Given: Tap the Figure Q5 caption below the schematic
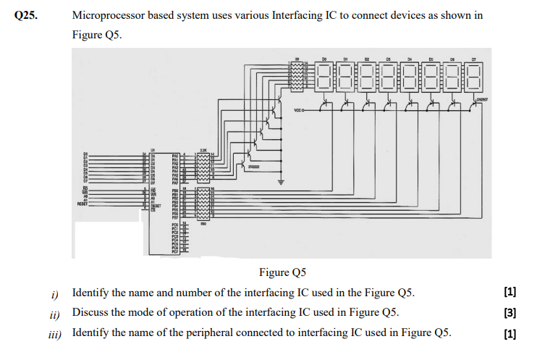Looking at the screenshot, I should click(282, 272).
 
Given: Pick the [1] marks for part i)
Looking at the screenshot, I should click(510, 293).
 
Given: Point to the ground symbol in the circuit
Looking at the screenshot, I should click(283, 181).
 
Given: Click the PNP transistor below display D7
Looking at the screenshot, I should click(474, 106).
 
